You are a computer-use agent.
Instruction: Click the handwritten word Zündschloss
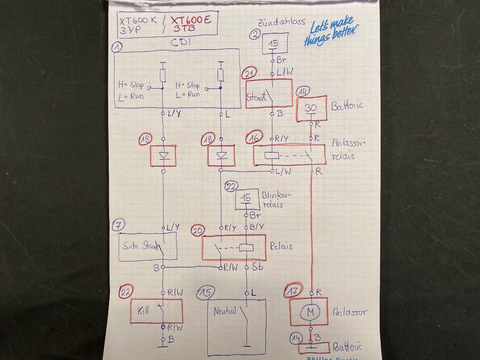coord(282,22)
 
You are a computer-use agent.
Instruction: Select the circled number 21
coord(249,75)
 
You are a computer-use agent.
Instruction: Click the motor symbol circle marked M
coord(309,312)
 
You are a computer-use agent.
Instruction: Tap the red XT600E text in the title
coord(191,20)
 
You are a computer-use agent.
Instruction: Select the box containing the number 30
coord(311,108)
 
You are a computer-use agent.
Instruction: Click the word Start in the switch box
coord(256,98)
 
